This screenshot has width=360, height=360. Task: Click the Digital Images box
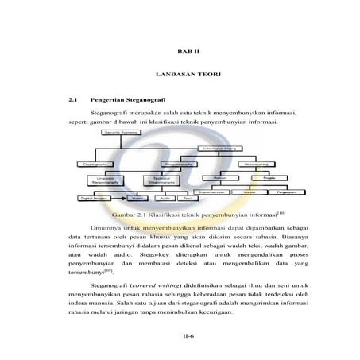pos(96,199)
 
